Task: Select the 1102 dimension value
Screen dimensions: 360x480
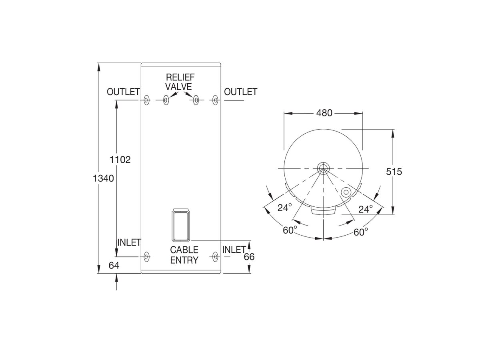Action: pos(120,160)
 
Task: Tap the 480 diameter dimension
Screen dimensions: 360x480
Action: pos(324,113)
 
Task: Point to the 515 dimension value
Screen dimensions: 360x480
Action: pos(394,172)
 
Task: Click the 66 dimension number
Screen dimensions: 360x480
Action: pos(249,257)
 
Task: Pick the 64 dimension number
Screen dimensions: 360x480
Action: pos(114,265)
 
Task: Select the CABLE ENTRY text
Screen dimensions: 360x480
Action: pos(184,255)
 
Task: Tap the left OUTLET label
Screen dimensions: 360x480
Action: pos(123,92)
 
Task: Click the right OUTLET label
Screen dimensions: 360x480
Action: pos(240,92)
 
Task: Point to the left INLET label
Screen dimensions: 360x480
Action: pos(129,242)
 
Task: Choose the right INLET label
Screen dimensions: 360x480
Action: pos(234,250)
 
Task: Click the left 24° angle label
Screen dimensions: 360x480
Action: pos(285,207)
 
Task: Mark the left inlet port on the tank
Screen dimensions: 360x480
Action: pos(146,256)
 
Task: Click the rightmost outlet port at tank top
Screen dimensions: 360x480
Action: pos(216,100)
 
